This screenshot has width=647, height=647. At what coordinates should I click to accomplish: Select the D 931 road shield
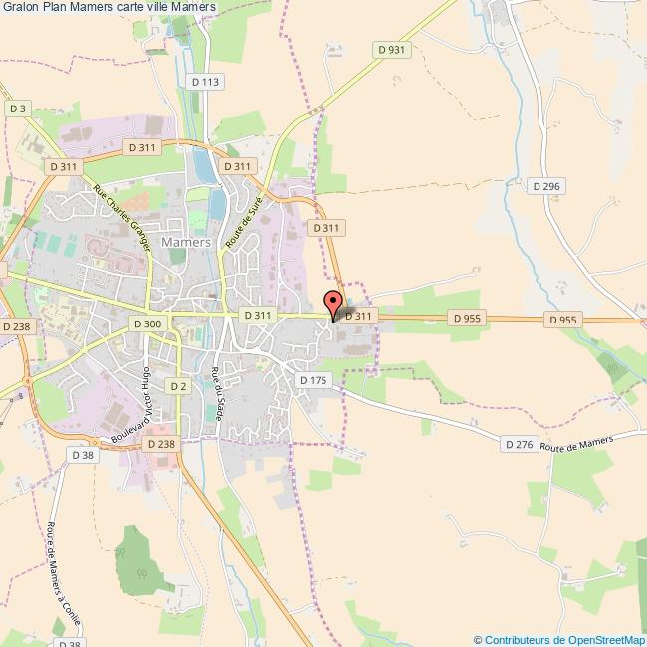click(392, 49)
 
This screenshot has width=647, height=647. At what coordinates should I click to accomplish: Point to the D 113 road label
click(204, 82)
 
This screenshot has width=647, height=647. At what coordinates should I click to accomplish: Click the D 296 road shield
click(546, 186)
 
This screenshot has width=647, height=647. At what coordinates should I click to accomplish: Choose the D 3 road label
click(18, 108)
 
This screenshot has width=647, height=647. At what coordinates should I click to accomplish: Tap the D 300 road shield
click(146, 323)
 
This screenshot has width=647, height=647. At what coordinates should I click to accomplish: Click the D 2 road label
click(178, 385)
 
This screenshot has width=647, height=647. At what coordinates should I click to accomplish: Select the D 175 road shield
click(313, 381)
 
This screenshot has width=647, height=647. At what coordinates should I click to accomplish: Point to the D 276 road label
click(519, 444)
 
